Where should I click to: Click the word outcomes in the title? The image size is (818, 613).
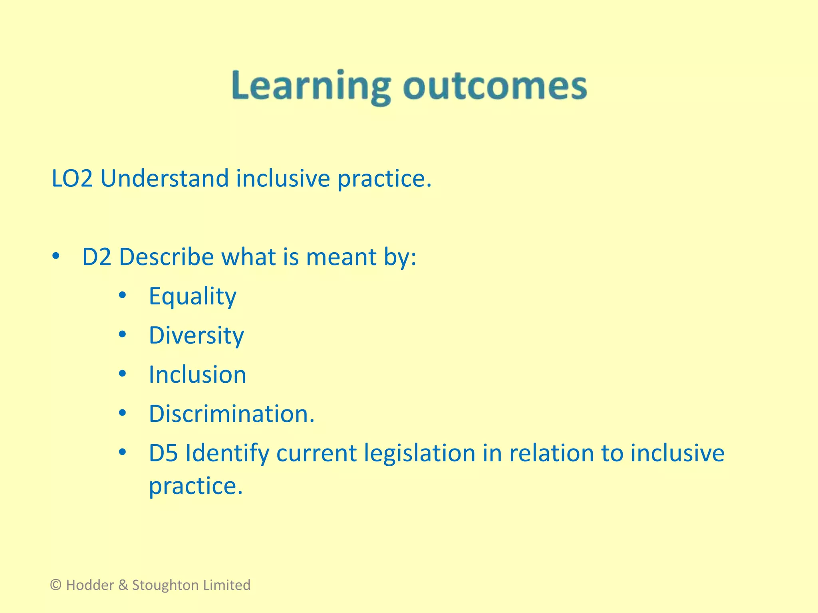pos(494,86)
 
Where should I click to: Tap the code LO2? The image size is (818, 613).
pos(72,178)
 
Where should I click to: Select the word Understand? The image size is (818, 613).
pos(164,178)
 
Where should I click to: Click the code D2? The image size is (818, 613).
pos(97,257)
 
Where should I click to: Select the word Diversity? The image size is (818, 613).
pos(196,335)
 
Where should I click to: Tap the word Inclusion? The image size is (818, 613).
pos(197,375)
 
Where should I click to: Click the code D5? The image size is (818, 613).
pos(163,453)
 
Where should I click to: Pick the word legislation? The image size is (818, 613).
pos(419,453)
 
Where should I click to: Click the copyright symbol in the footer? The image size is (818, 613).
pos(56,585)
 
